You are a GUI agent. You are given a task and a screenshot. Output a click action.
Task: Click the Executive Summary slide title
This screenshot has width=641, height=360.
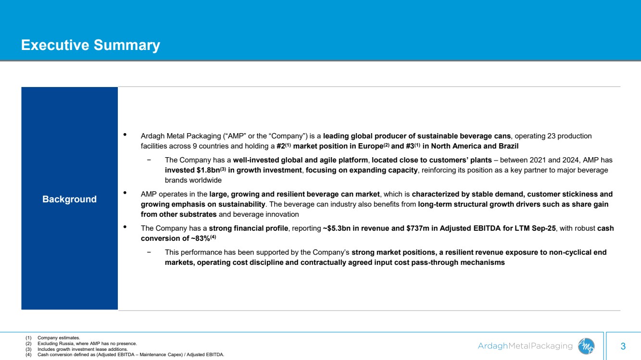tap(90, 45)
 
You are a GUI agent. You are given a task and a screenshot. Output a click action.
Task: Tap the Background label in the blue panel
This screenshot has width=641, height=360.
tap(69, 199)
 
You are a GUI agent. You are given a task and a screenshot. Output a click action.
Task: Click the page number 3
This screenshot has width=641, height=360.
tap(623, 346)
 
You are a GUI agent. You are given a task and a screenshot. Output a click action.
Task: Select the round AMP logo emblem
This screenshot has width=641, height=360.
tap(586, 346)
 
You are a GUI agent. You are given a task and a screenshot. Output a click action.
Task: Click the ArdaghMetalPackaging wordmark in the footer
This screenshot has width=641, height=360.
tap(525, 346)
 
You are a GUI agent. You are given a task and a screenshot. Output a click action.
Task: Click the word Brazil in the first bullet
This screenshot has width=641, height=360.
tap(507, 146)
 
